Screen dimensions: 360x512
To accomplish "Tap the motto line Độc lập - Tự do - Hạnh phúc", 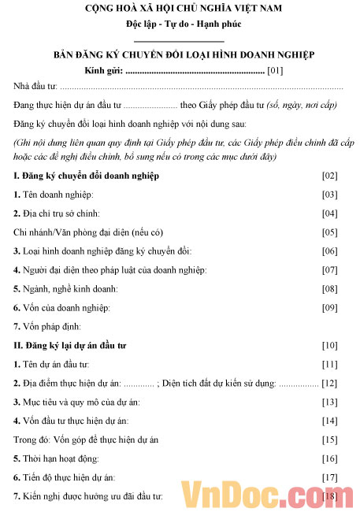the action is pos(179,24).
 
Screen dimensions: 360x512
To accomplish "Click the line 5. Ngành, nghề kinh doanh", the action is pos(63,288).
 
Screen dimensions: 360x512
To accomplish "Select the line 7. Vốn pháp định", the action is pos(47,326).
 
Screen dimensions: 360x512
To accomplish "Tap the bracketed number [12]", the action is pos(329,383).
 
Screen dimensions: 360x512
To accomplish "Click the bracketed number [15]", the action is pos(329,440).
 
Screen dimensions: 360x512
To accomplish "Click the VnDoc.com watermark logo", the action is pos(260,493).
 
